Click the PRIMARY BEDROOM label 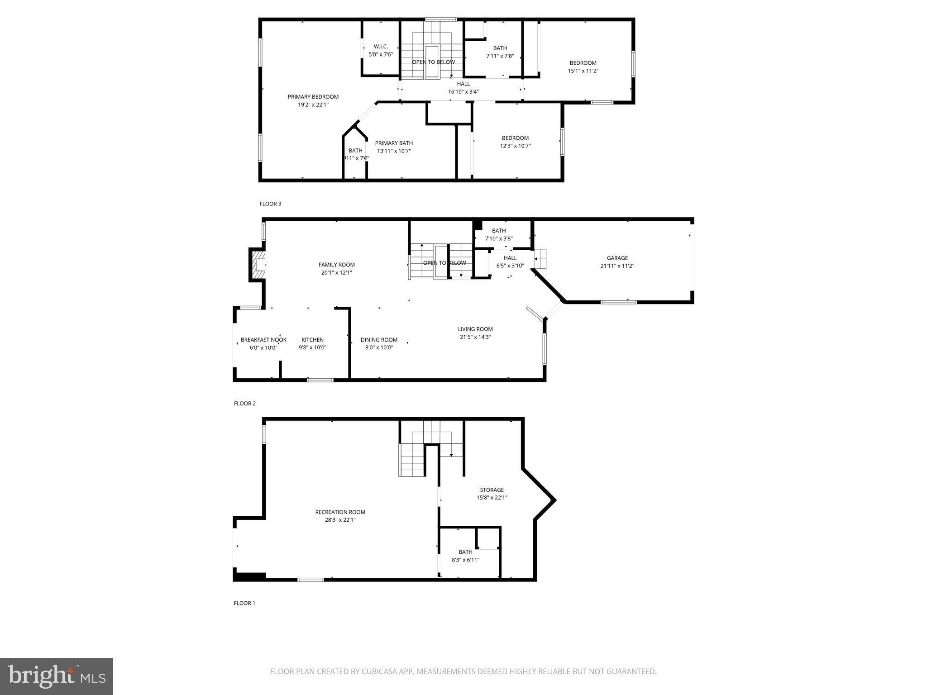[313, 97]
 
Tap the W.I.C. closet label [381, 47]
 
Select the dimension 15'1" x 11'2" [583, 71]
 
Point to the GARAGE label [617, 258]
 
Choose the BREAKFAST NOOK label [263, 340]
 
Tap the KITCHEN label [312, 340]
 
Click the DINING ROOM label [379, 340]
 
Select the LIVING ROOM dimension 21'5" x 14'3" [475, 337]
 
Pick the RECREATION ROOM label [340, 512]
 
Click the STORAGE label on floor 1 [492, 490]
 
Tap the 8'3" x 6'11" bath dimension [465, 560]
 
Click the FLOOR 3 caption [270, 204]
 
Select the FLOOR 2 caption [245, 404]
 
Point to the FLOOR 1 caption [244, 603]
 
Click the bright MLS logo [57, 676]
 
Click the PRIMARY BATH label [394, 143]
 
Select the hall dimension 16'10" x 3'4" [463, 92]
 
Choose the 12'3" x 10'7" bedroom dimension [515, 146]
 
